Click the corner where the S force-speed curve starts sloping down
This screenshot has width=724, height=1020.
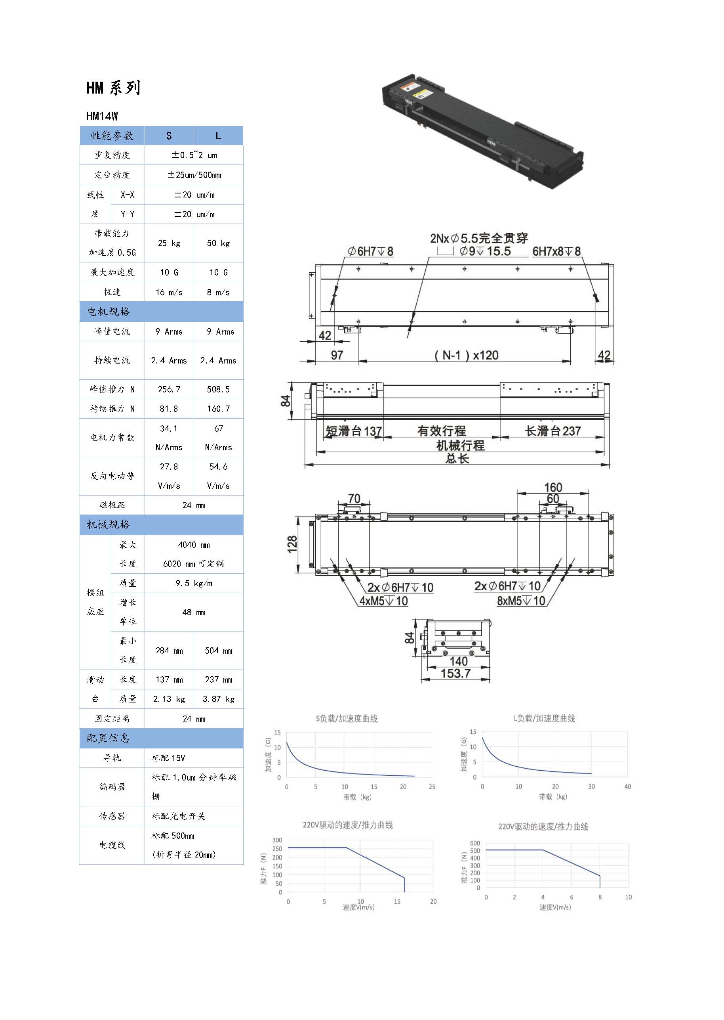tap(346, 847)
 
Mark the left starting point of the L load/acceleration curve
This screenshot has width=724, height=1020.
tap(482, 737)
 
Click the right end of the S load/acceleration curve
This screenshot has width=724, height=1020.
tap(415, 776)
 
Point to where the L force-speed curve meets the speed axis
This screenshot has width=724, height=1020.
tap(600, 888)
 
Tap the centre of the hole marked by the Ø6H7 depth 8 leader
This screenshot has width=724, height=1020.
tap(335, 295)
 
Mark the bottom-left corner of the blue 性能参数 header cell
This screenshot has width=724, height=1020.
tap(80, 145)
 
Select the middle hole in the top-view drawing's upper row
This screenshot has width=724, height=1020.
tap(465, 269)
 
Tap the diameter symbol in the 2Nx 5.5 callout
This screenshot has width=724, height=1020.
tap(455, 239)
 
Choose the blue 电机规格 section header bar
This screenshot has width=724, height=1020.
tap(161, 312)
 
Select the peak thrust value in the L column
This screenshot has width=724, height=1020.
tap(219, 389)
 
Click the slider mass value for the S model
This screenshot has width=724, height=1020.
tap(169, 699)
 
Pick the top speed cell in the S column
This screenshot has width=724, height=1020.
tap(169, 292)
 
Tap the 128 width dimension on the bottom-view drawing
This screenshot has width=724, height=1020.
tap(292, 544)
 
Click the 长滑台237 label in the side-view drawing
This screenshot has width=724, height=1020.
tap(553, 431)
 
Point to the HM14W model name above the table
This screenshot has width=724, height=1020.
tap(102, 116)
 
